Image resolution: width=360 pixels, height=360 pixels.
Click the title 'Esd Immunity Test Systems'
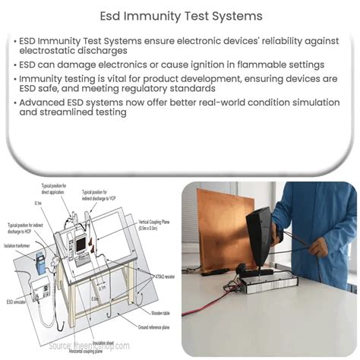click(180, 15)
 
